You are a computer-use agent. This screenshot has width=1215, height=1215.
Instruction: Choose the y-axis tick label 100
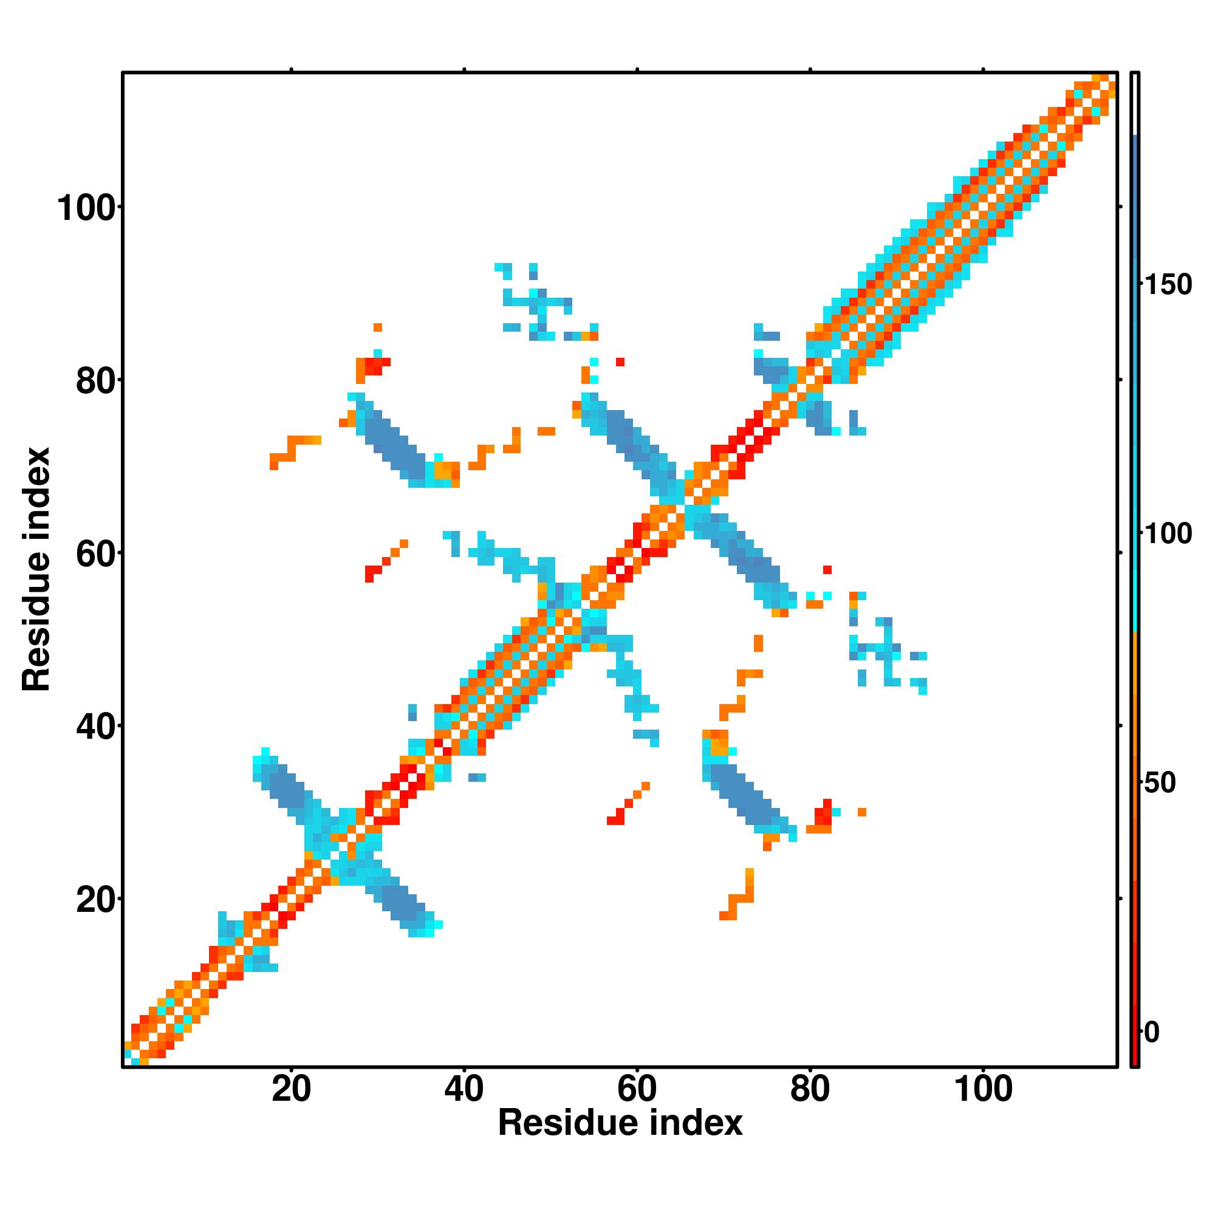pos(87,208)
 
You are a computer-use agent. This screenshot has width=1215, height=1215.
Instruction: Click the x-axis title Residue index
pos(620,1123)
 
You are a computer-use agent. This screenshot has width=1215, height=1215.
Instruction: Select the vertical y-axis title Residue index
pos(36,569)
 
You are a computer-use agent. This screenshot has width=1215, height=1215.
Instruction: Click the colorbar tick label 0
pos(1151,1032)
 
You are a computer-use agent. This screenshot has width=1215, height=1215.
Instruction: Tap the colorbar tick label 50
pos(1160,784)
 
